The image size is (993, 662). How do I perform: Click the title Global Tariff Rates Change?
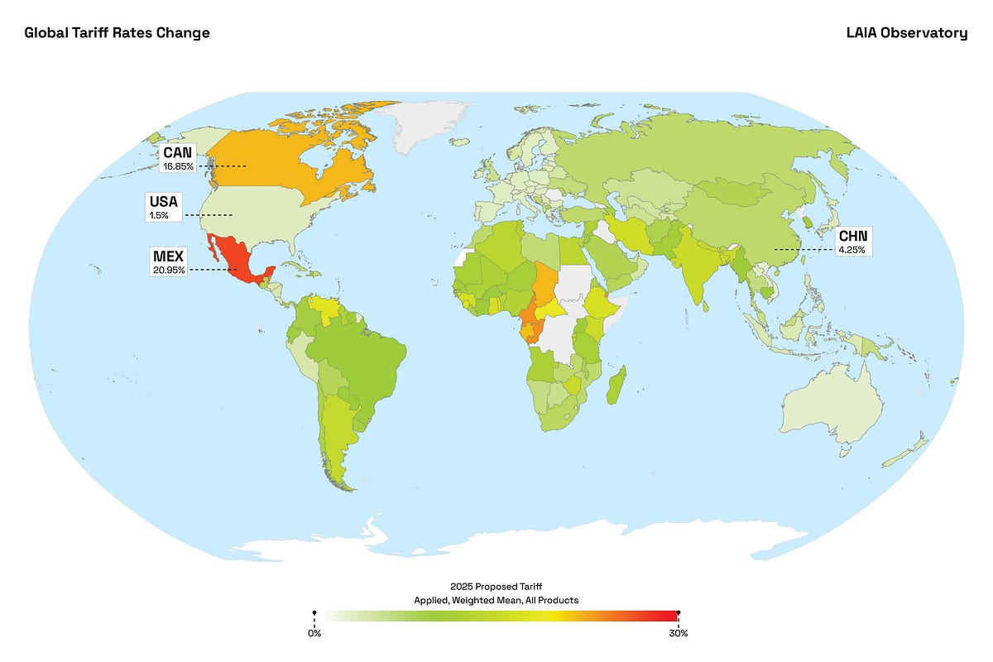point(117,33)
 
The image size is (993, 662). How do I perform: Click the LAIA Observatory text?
point(906,33)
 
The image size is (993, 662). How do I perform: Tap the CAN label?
point(177,153)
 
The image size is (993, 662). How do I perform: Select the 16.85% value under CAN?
point(178,166)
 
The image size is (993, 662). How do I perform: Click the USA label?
point(163,202)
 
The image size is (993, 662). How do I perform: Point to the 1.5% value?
point(158,215)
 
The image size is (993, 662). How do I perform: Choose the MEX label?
point(168,256)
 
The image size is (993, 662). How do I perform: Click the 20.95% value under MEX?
point(169,270)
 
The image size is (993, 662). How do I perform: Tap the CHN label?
point(852,236)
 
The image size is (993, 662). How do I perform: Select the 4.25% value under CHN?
point(852,249)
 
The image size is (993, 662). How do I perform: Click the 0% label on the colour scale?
point(314,633)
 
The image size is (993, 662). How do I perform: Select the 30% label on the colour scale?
point(679,633)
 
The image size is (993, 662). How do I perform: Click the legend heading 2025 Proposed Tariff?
point(496,586)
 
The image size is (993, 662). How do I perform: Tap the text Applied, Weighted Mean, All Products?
point(496,599)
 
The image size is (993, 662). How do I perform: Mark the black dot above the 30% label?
point(679,613)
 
